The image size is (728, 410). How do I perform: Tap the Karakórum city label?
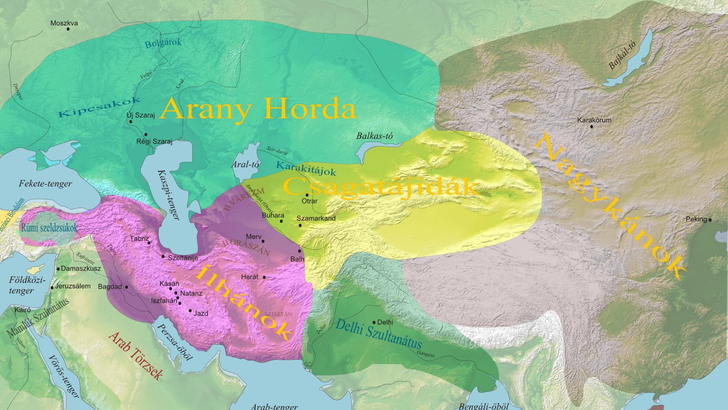coord(594,120)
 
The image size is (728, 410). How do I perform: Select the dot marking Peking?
coord(710,219)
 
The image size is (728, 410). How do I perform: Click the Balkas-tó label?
coord(374,136)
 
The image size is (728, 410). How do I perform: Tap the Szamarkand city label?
coord(316,218)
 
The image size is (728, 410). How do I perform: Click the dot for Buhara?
coord(281,221)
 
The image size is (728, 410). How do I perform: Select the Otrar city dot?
coord(307,195)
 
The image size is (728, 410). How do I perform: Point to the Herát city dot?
coord(264,277)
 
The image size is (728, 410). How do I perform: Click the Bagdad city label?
coord(110,287)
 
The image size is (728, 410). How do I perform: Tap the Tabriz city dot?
coord(149,243)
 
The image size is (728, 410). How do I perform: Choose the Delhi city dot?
coord(374,322)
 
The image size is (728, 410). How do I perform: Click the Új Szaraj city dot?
coord(130,122)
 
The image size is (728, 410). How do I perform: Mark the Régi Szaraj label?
coord(154,142)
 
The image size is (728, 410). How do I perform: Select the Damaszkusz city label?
coord(81,268)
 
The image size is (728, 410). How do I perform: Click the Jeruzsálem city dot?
coord(52,287)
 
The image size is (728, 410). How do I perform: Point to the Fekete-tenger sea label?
coord(45,184)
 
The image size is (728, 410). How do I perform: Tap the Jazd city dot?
coord(190,311)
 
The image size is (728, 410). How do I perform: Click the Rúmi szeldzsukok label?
coord(49,228)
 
